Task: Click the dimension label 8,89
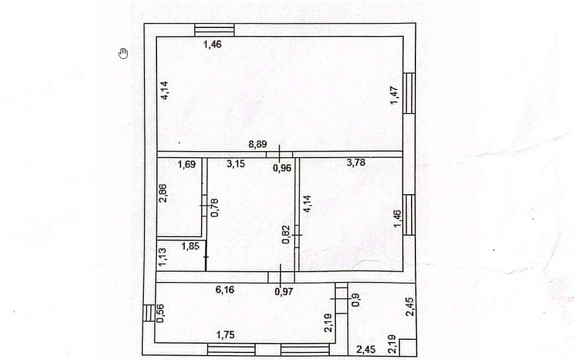pyautogui.click(x=258, y=145)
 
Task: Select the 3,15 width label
pyautogui.click(x=236, y=163)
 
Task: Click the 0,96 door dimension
pyautogui.click(x=282, y=168)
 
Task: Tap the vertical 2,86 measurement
pyautogui.click(x=163, y=193)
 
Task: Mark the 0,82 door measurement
pyautogui.click(x=287, y=233)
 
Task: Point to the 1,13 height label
pyautogui.click(x=162, y=257)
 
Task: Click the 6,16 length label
pyautogui.click(x=225, y=290)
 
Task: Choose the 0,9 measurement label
pyautogui.click(x=356, y=300)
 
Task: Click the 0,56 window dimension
pyautogui.click(x=161, y=313)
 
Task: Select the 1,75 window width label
pyautogui.click(x=226, y=335)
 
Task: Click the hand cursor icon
pyautogui.click(x=123, y=53)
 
